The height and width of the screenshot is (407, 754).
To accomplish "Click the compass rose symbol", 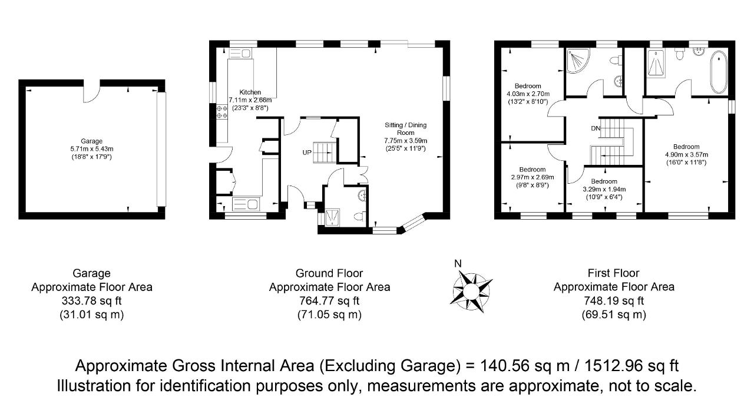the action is (x=471, y=291).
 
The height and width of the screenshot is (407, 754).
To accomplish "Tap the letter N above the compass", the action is (x=458, y=264).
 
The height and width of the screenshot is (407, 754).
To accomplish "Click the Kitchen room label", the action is (x=250, y=92).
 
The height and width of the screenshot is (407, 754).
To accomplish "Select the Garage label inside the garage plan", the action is (x=91, y=141).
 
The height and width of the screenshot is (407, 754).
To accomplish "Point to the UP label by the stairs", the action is (x=307, y=153).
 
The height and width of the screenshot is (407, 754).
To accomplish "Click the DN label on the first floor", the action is (x=596, y=128).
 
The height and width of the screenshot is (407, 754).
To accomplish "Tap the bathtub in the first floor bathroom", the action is (x=719, y=72).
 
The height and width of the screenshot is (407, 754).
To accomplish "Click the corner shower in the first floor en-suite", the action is (x=578, y=61).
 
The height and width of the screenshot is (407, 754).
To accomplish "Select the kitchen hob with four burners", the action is (x=222, y=111).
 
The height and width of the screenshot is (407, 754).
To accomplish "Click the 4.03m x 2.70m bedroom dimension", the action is (x=528, y=94).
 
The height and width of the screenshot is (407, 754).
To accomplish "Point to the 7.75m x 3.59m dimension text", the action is (x=406, y=140).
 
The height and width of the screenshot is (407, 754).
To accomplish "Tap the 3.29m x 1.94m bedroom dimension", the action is (x=604, y=189).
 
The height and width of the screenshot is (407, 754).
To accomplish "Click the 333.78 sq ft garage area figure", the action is (x=91, y=300).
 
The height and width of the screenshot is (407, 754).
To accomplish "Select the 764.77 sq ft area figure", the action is (x=329, y=300).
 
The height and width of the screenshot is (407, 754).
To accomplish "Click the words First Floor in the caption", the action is (x=613, y=273).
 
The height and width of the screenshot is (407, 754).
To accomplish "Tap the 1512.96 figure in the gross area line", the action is (x=614, y=366).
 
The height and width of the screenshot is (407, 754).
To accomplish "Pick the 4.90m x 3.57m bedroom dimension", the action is (x=686, y=155).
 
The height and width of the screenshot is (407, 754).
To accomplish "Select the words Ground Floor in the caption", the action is (x=329, y=273).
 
